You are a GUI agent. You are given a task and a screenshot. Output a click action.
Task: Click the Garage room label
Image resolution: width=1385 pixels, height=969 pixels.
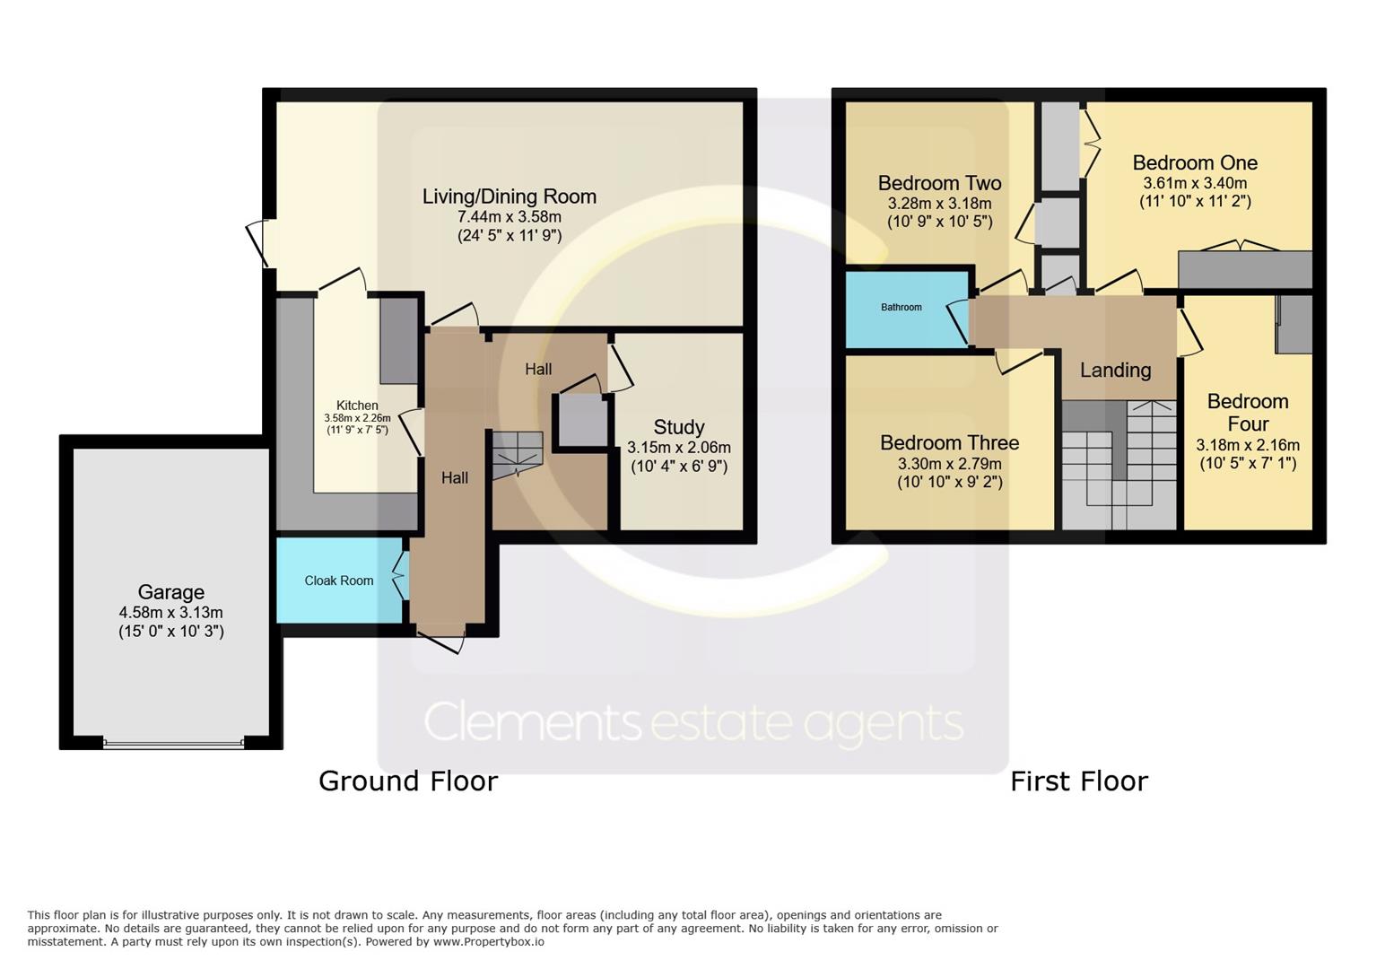click(x=170, y=592)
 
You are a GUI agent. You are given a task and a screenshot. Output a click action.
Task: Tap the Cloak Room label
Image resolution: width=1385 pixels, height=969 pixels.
click(x=339, y=581)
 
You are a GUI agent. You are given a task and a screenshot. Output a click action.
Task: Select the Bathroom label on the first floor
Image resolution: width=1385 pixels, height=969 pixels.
click(x=901, y=308)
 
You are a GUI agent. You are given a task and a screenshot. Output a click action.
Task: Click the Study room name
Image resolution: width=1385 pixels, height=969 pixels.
click(x=679, y=427)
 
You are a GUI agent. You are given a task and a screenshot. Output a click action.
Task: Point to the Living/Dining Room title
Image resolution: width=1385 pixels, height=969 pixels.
click(x=509, y=196)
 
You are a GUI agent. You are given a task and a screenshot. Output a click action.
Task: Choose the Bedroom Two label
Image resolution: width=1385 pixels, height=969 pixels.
click(x=939, y=183)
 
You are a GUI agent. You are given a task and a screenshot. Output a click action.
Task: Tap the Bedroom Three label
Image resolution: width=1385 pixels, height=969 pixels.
click(x=950, y=442)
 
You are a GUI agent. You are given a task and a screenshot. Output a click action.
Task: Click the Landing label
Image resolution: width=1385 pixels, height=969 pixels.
click(x=1115, y=371)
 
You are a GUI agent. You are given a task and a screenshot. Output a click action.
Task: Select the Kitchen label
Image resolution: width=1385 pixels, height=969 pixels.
click(x=357, y=405)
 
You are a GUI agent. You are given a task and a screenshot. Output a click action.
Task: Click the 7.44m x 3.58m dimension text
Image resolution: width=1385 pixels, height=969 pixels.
click(x=509, y=217)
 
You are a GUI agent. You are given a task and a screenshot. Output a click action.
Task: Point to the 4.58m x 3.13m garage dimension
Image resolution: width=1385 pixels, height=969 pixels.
click(x=170, y=613)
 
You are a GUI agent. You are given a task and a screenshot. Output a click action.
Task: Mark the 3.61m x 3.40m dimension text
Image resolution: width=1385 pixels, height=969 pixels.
click(x=1195, y=183)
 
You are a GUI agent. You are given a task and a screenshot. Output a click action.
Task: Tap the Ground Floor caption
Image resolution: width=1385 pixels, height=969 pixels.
click(x=408, y=781)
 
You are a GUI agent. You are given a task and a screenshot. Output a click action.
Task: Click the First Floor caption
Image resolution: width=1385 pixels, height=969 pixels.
click(x=1079, y=781)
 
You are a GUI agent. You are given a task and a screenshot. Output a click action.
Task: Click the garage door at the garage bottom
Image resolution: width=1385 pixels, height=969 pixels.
click(x=173, y=744)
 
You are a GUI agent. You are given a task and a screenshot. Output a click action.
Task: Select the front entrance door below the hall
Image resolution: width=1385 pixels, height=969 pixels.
click(x=440, y=642)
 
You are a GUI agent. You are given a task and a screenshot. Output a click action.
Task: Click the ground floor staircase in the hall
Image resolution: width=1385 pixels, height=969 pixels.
click(x=517, y=455)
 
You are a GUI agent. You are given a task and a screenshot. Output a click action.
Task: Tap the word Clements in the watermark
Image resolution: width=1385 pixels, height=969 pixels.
click(x=532, y=722)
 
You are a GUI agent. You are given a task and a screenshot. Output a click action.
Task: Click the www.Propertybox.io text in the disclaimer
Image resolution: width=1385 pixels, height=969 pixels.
click(x=489, y=942)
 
